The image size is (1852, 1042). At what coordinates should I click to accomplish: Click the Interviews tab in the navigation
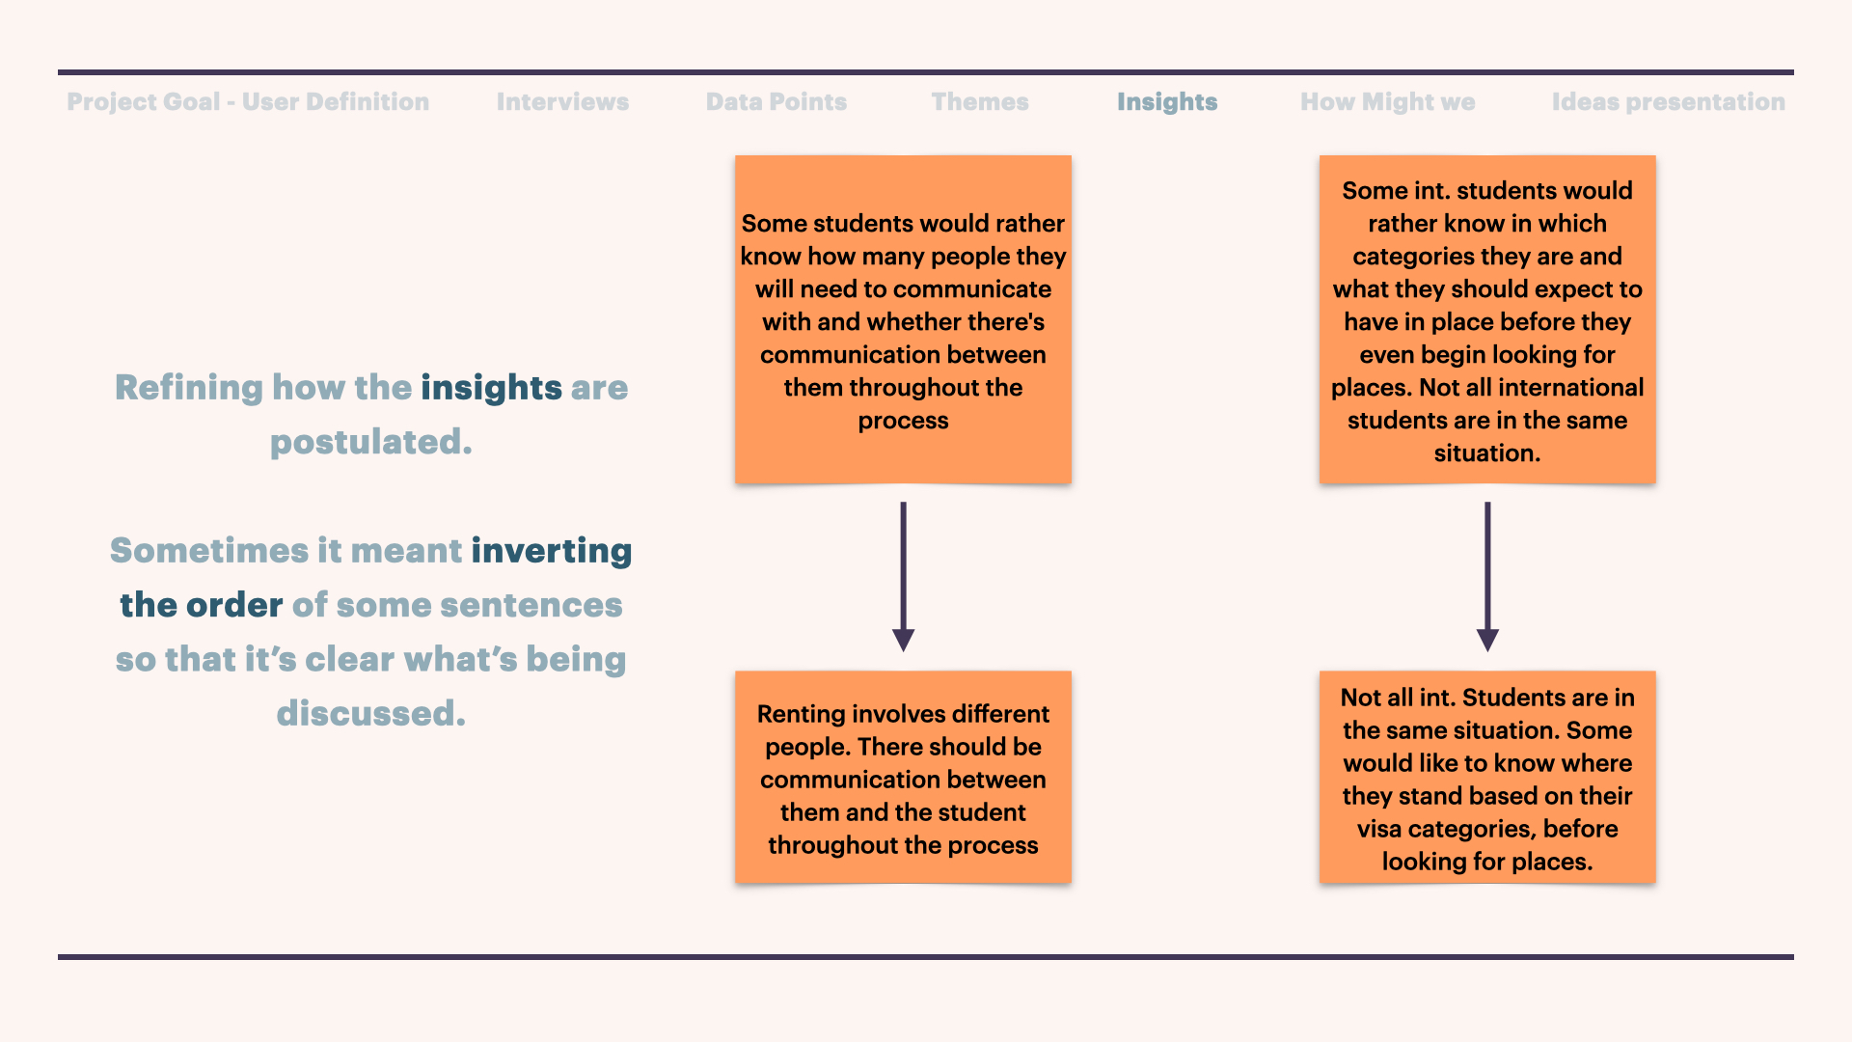pos(562,101)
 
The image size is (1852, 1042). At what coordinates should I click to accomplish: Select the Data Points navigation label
pos(776,101)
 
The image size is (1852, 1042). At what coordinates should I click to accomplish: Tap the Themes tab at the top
pos(980,101)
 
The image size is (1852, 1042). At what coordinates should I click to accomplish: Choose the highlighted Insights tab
pos(1167,102)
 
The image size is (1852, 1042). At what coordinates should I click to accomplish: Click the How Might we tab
pos(1388,101)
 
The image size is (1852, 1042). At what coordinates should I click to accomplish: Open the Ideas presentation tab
pos(1669,101)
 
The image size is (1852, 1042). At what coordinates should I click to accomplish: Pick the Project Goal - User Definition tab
pos(248,101)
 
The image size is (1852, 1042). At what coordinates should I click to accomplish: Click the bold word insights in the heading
pos(491,388)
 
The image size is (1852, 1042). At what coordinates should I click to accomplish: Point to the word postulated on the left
pos(371,443)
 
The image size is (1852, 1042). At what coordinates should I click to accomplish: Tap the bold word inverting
pos(552,551)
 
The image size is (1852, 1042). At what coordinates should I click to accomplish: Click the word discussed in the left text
pos(371,714)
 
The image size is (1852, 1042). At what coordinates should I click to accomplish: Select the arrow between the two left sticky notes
pos(903,576)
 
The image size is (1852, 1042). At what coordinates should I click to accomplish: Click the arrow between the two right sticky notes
pos(1487,576)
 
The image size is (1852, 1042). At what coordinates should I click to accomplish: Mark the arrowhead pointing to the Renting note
pos(903,641)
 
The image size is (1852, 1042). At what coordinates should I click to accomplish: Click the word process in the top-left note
pos(904,422)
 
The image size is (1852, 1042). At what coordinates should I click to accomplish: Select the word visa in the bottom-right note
pos(1379,829)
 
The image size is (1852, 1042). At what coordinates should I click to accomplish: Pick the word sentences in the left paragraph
pos(531,606)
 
